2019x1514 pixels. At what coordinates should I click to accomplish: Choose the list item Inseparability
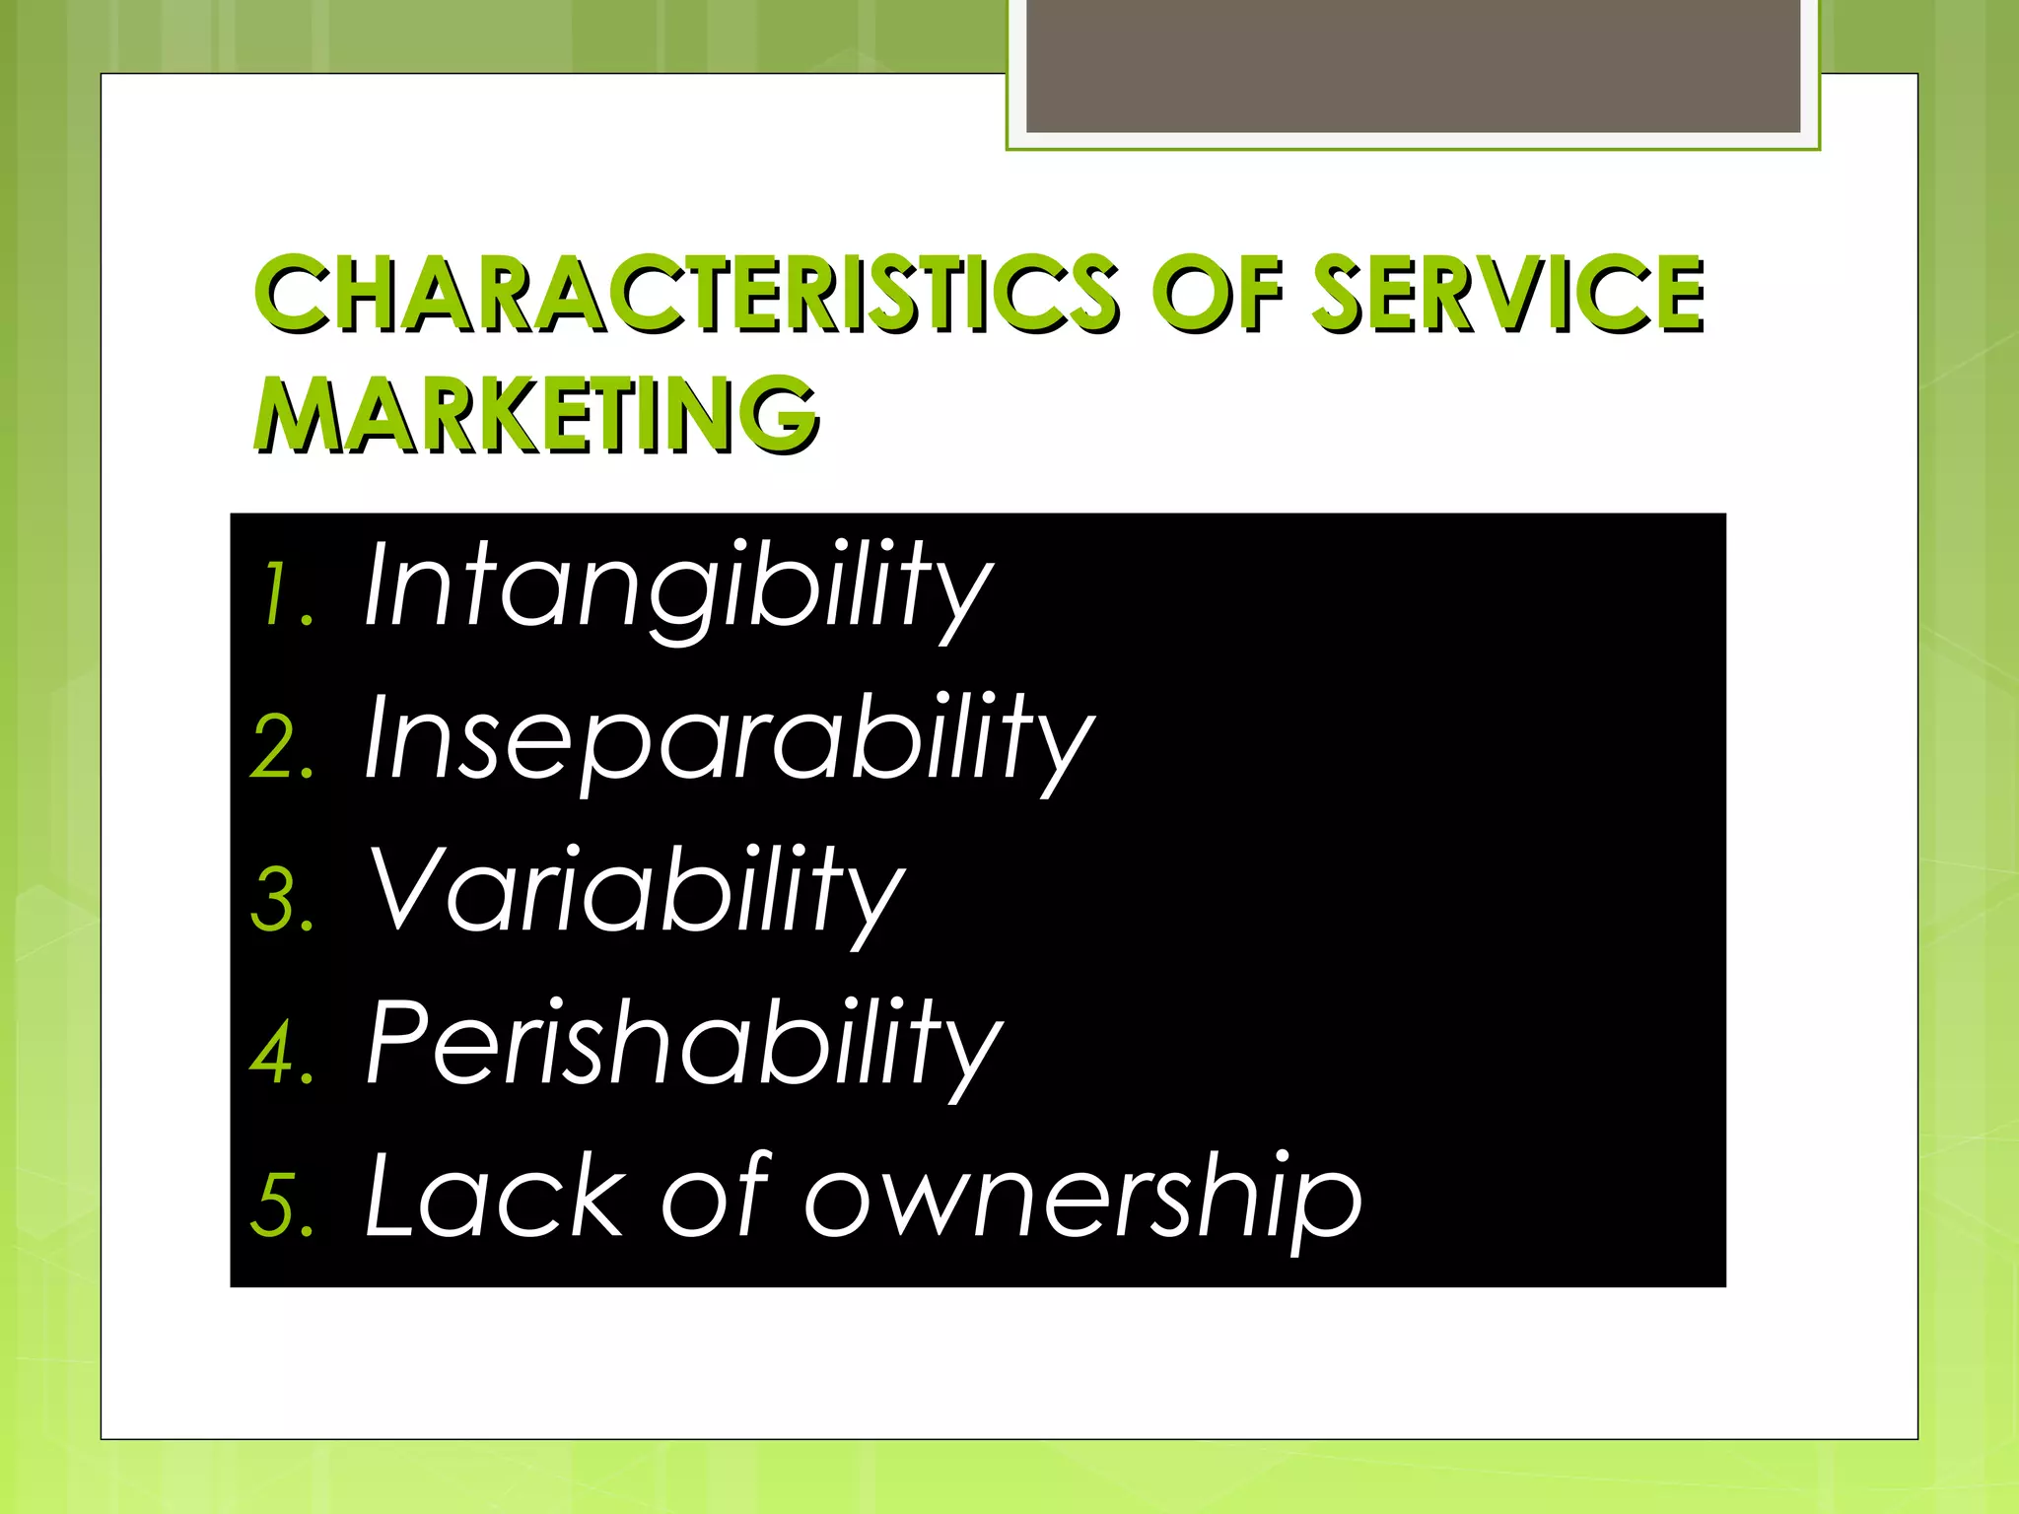coord(730,739)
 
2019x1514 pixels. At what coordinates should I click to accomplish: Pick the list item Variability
coord(636,891)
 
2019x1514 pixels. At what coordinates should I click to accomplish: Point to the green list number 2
coord(282,748)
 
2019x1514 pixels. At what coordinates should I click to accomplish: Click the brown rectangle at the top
coord(1413,65)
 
